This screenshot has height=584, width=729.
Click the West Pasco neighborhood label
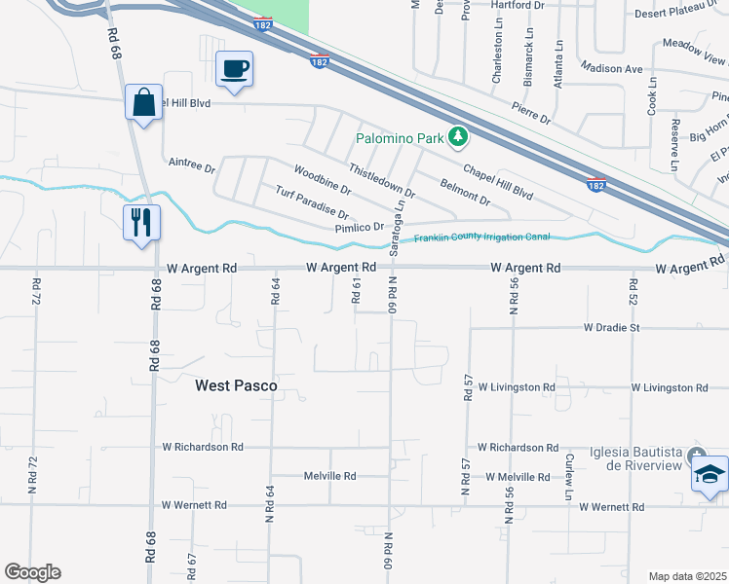[x=236, y=385]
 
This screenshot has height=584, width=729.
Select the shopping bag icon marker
[x=143, y=102]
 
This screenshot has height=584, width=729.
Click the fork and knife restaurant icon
[x=141, y=222]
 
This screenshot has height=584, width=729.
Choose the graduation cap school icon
[x=710, y=476]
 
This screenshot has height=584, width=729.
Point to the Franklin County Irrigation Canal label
[x=482, y=237]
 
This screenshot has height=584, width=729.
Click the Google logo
[x=32, y=572]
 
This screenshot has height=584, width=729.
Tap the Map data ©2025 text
[x=687, y=576]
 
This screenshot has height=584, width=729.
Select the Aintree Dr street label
[x=191, y=165]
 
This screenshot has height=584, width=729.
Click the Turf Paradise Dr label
[x=312, y=202]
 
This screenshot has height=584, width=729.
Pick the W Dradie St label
[x=611, y=328]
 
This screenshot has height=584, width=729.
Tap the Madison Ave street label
[x=611, y=68]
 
